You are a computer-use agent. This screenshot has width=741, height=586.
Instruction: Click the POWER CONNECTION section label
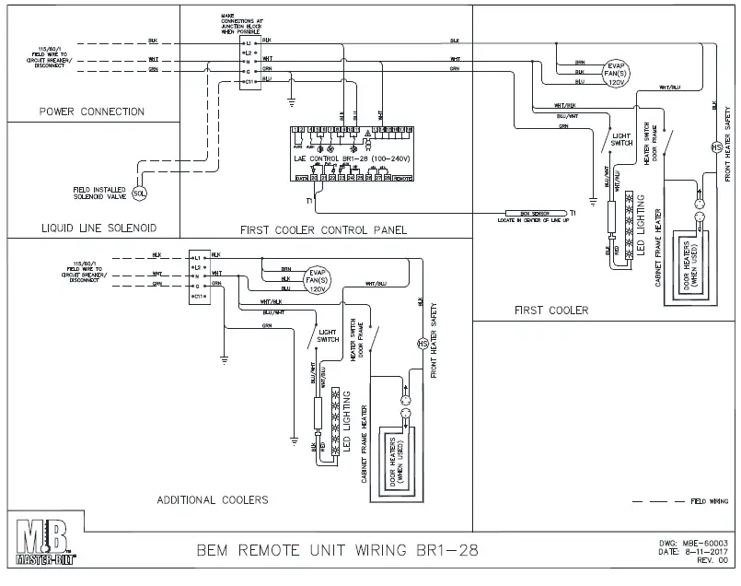92,112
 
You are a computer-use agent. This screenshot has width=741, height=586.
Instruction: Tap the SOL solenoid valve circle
139,193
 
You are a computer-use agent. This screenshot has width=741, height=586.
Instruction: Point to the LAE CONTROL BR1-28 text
344,159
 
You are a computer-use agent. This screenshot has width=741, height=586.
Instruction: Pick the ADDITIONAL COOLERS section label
213,499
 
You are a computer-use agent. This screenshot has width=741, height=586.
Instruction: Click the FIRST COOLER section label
551,311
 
